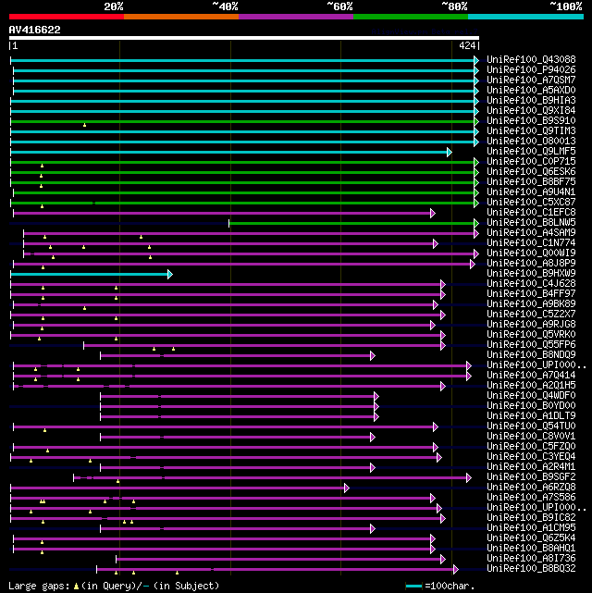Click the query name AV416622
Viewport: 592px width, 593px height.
click(x=35, y=30)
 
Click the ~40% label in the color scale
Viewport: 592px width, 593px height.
click(x=225, y=6)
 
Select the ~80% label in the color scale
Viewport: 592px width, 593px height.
click(x=454, y=6)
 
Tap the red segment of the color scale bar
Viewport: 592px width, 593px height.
click(x=66, y=16)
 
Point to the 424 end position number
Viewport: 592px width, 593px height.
click(x=467, y=44)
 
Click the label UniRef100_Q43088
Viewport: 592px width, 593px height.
click(x=531, y=60)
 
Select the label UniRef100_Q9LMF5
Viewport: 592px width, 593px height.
click(x=531, y=152)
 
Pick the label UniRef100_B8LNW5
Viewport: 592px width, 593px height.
click(x=531, y=223)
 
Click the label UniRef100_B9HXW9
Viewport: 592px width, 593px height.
click(x=531, y=274)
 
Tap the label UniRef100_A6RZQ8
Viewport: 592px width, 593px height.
click(x=531, y=488)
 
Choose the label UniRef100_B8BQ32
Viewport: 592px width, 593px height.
click(x=531, y=569)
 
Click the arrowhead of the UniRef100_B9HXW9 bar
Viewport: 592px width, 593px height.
click(x=169, y=274)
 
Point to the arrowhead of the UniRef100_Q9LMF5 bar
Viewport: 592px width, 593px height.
click(x=449, y=152)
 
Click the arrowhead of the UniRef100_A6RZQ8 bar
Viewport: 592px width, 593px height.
click(x=346, y=488)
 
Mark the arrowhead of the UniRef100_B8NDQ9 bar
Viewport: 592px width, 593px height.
click(x=372, y=355)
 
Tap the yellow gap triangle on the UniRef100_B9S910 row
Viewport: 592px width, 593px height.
click(x=84, y=124)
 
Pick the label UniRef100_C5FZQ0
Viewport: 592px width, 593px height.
click(x=531, y=447)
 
